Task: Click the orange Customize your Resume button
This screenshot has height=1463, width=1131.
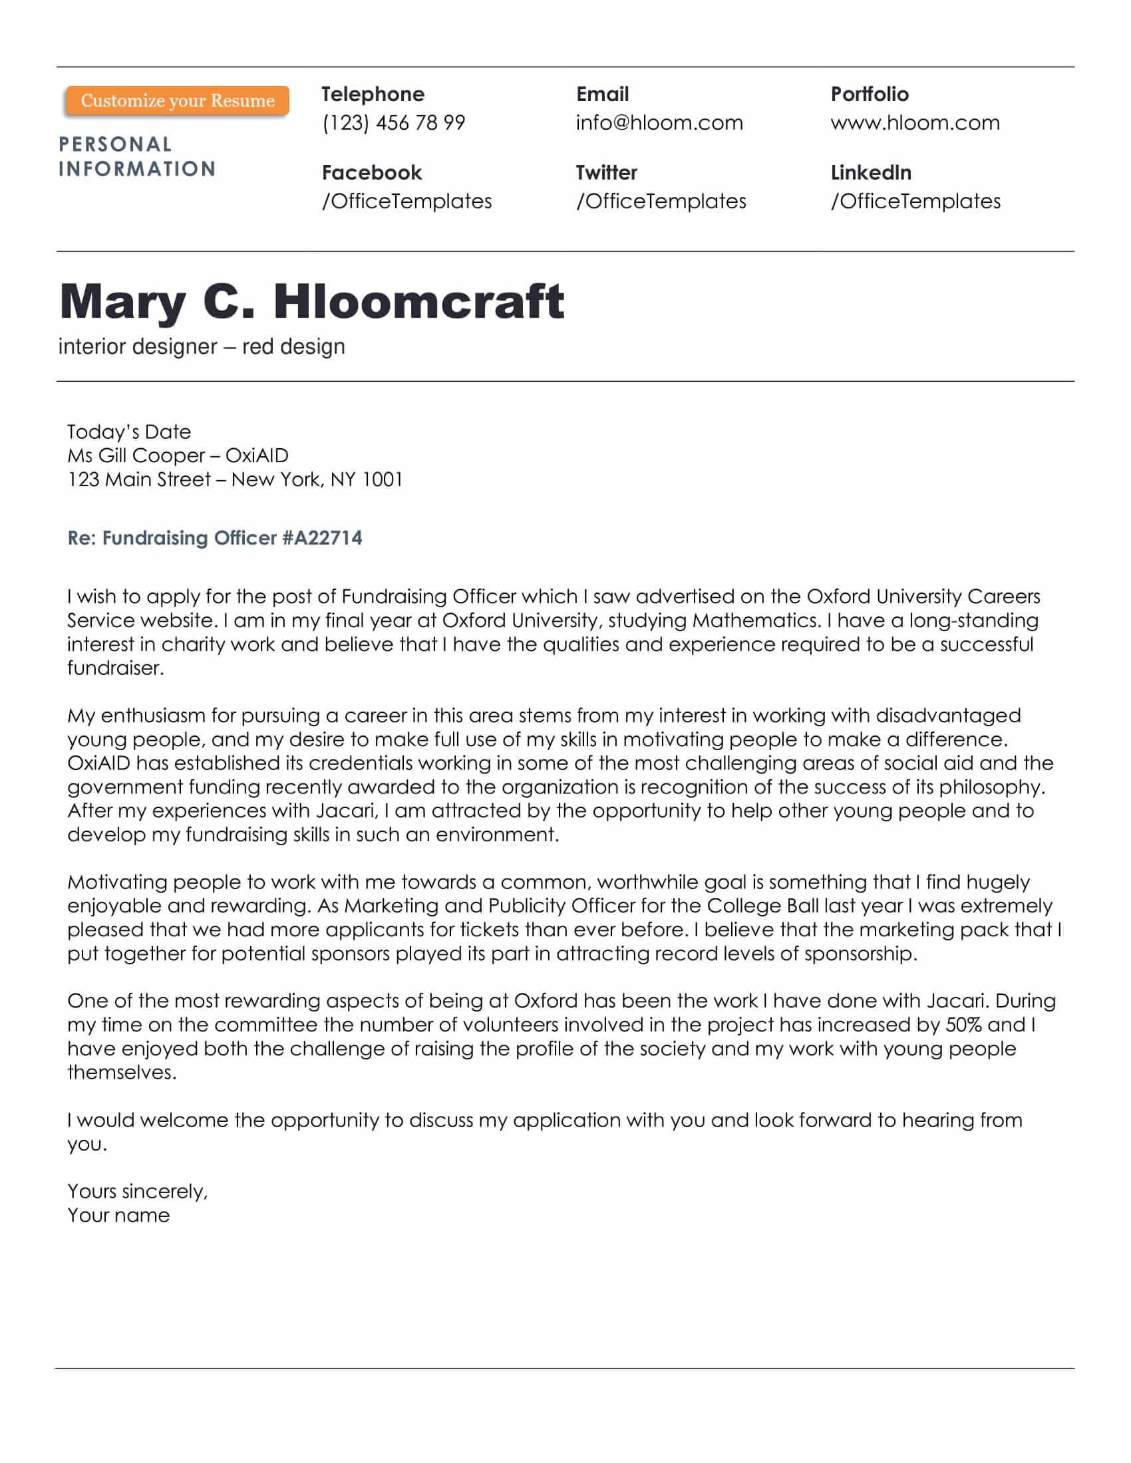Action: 178,100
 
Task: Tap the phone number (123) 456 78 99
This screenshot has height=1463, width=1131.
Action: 393,122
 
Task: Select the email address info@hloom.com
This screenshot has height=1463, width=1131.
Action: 659,122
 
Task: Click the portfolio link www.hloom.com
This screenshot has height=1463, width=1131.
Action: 915,122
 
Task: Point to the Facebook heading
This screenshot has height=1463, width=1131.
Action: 372,173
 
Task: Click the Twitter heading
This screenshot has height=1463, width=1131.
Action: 606,173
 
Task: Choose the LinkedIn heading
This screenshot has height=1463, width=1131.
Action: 870,173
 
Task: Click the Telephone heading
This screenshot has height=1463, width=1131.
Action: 373,94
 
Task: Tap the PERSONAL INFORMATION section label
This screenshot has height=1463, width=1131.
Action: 136,157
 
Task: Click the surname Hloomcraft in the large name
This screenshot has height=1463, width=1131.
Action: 418,301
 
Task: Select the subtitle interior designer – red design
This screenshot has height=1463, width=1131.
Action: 202,346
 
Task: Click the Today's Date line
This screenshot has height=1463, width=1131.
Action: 129,432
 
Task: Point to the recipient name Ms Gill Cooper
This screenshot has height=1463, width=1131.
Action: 136,456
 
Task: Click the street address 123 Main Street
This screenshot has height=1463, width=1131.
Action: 138,479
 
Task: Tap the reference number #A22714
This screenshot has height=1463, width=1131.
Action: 322,538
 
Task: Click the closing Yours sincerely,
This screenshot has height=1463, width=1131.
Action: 137,1191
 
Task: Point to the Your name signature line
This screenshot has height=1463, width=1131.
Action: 118,1215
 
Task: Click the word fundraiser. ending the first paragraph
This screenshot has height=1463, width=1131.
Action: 115,668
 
